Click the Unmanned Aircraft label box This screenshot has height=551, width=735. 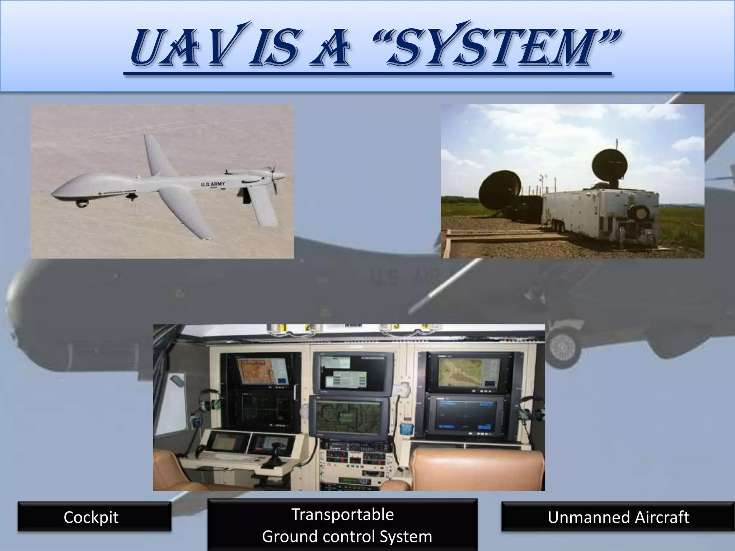point(618,517)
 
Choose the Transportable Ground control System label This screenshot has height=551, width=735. point(343,525)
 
